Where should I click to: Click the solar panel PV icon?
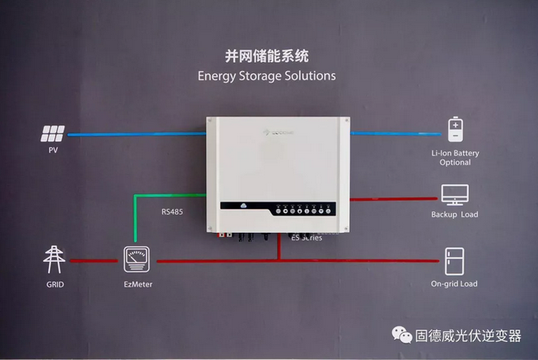pyautogui.click(x=55, y=133)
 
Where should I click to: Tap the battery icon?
pyautogui.click(x=455, y=130)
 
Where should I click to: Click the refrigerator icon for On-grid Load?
pyautogui.click(x=455, y=260)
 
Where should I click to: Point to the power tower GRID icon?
pyautogui.click(x=55, y=259)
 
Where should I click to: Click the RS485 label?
pyautogui.click(x=172, y=212)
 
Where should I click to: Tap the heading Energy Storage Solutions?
pyautogui.click(x=267, y=75)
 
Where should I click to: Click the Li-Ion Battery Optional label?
pyautogui.click(x=455, y=158)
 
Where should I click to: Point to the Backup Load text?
pyautogui.click(x=455, y=215)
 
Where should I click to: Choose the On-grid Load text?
pyautogui.click(x=455, y=284)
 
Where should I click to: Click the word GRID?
pyautogui.click(x=55, y=284)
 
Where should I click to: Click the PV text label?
pyautogui.click(x=54, y=150)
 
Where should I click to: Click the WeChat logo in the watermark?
pyautogui.click(x=402, y=335)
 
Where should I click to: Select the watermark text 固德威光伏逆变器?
pyautogui.click(x=468, y=336)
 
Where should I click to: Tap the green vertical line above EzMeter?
pyautogui.click(x=134, y=220)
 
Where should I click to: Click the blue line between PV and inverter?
pyautogui.click(x=136, y=133)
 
